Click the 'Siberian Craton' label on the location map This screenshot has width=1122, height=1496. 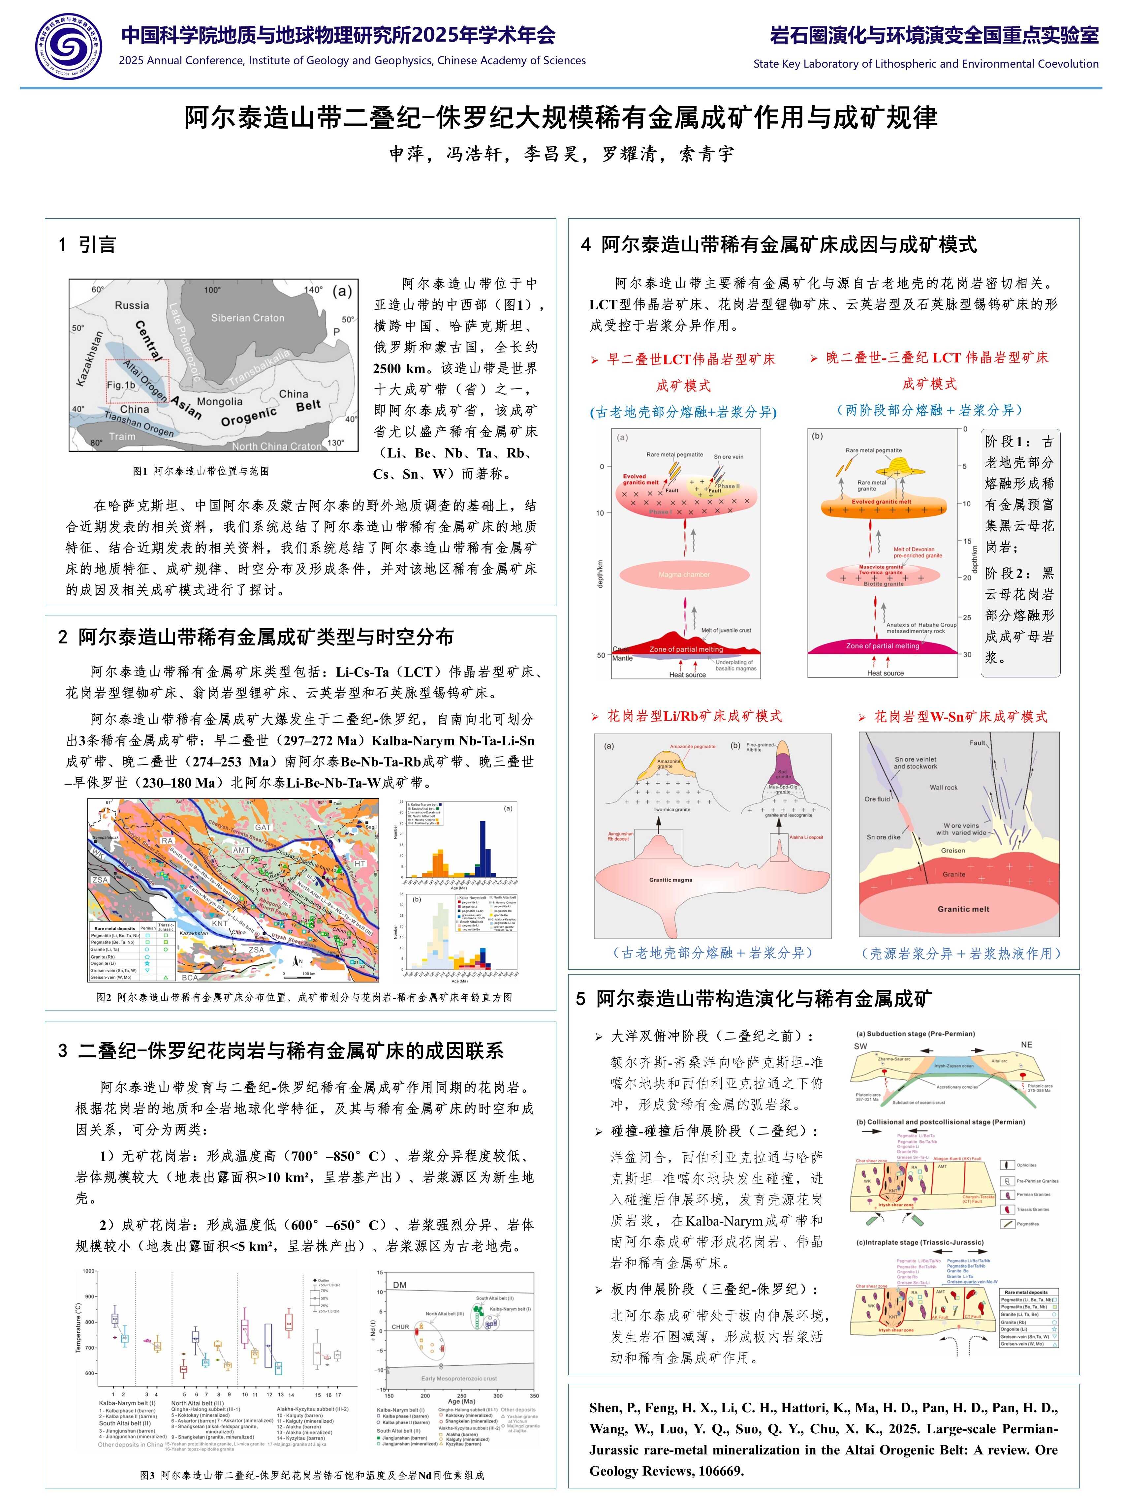coord(248,318)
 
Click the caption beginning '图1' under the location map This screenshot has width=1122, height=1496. coord(201,471)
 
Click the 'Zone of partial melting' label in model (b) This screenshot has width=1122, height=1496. coord(883,646)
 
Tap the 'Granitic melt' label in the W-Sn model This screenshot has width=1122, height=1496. coord(963,909)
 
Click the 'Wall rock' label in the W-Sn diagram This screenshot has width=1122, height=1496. coord(944,787)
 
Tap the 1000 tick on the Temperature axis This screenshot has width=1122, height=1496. coord(89,1271)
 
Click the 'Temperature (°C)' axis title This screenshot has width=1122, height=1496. coord(78,1327)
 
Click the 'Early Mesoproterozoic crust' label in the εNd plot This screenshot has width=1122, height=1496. coord(458,1378)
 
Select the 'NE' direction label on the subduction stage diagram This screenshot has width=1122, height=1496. coord(1026,1045)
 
